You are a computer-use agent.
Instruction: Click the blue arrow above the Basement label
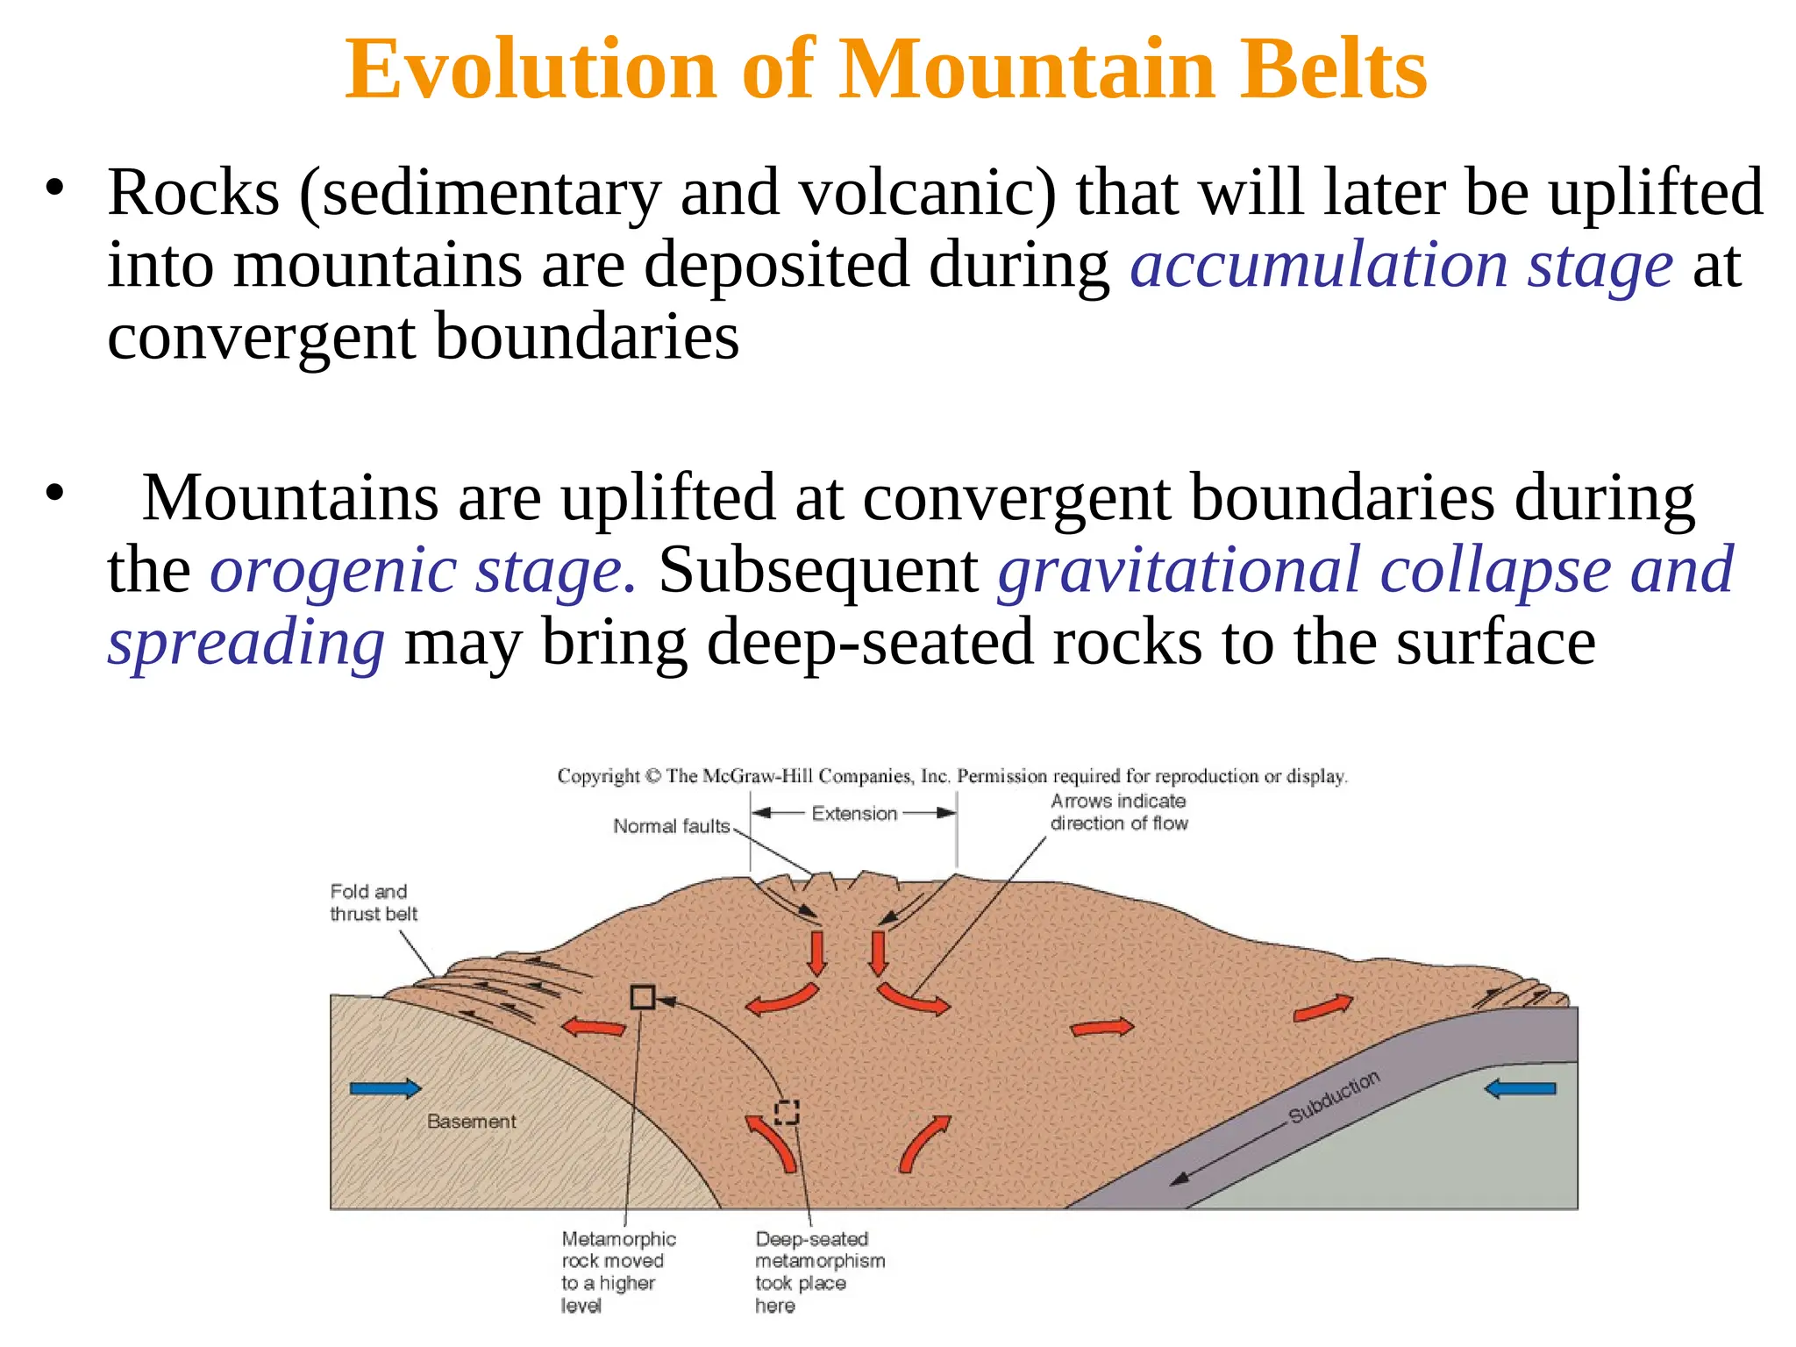tap(385, 1089)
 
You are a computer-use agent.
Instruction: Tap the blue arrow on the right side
tap(1521, 1089)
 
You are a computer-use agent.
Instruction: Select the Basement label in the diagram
tap(471, 1122)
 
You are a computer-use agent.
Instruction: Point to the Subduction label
tap(1334, 1097)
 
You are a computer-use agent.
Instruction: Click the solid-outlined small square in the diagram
tap(643, 997)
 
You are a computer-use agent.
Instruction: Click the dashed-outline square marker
tap(787, 1112)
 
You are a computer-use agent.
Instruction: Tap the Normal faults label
tap(671, 826)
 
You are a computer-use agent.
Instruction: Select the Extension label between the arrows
tap(854, 814)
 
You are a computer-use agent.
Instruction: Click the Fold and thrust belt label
tap(373, 902)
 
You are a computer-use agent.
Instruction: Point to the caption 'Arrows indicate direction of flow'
tap(1119, 812)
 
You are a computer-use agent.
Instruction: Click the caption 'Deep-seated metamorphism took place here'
tap(819, 1272)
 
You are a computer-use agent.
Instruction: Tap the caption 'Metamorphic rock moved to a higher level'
tap(618, 1272)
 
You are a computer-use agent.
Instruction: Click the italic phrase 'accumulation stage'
tap(1400, 265)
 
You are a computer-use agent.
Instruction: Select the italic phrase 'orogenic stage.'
tap(423, 570)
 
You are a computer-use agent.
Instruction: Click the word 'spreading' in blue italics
tap(246, 642)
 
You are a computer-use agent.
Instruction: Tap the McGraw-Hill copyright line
tap(951, 776)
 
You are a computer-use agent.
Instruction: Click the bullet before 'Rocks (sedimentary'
tap(55, 189)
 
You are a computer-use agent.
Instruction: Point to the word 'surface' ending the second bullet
tap(1495, 642)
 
